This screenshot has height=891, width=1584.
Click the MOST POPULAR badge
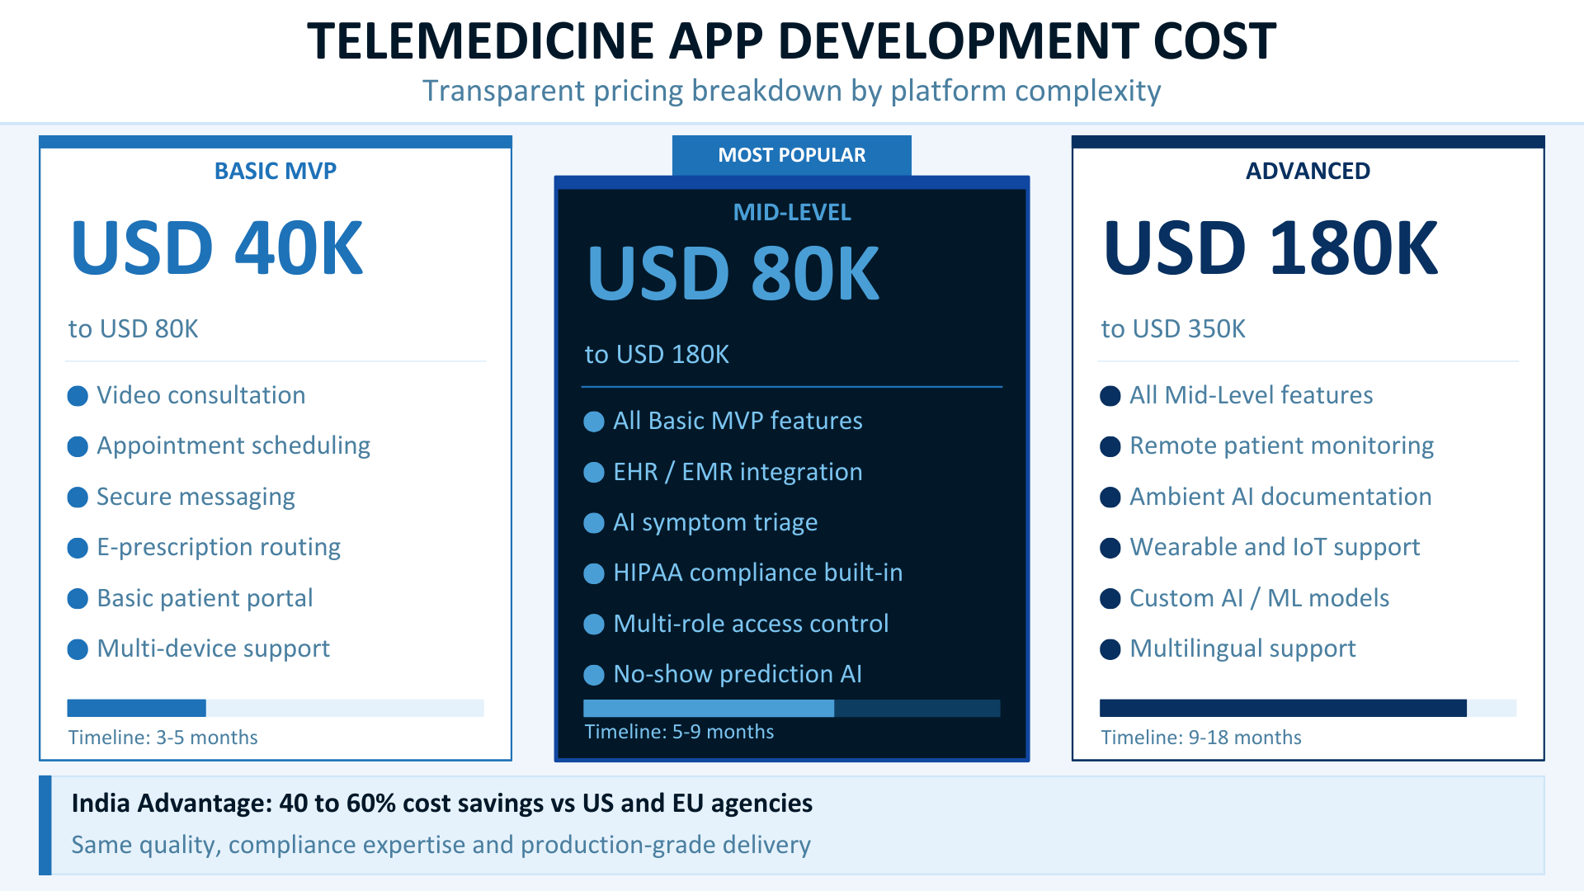point(791,155)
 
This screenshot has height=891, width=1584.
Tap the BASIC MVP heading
point(275,171)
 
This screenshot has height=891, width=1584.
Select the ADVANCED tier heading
point(1308,171)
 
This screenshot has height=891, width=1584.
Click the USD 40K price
point(217,248)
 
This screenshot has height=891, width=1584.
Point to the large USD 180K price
point(1270,248)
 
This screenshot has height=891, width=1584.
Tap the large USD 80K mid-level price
point(733,274)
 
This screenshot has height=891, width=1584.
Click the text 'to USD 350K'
point(1172,328)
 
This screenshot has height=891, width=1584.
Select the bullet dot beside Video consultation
point(78,396)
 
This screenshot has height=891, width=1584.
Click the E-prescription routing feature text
point(219,547)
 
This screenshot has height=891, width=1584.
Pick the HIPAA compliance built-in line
point(757,573)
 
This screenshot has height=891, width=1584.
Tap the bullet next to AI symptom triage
point(594,523)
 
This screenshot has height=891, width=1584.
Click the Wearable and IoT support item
point(1275,547)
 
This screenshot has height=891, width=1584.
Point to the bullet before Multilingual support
point(1110,649)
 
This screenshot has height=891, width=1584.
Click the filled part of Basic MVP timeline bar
point(136,708)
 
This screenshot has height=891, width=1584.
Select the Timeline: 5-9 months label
point(679,732)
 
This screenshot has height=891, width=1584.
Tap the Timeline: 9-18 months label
point(1200,738)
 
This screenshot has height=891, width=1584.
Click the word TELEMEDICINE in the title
point(480,41)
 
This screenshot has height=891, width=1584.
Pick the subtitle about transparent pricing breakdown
point(791,91)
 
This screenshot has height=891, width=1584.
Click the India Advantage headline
point(441,803)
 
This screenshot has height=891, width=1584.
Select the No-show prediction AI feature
point(738,674)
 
